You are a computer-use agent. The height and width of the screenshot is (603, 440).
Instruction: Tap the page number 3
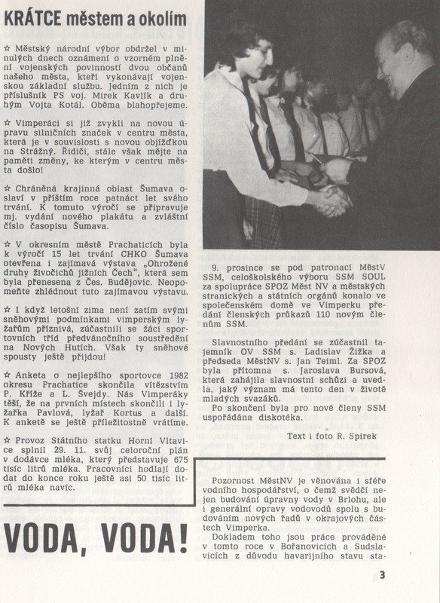382,575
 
